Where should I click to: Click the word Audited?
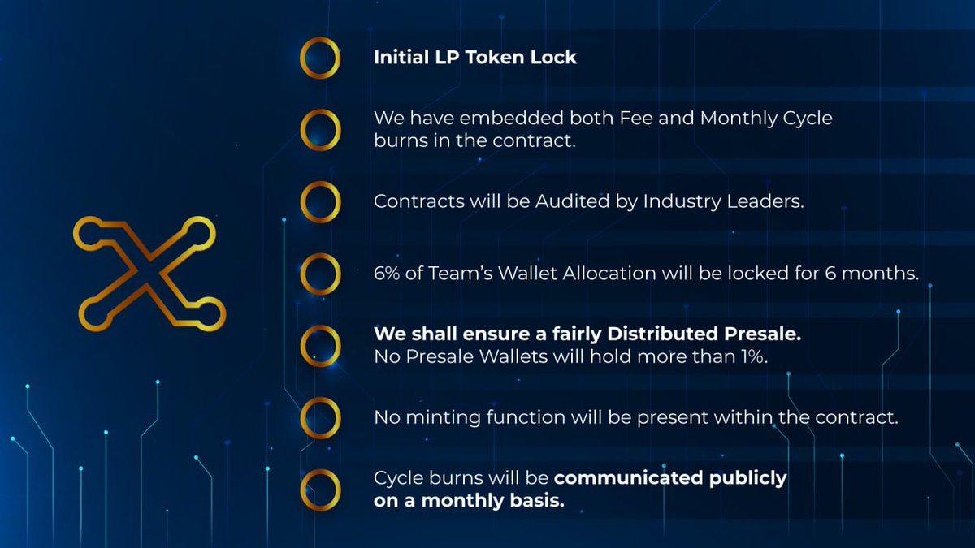coord(571,201)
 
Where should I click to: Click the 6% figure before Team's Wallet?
coord(387,274)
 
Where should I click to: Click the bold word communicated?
coord(629,478)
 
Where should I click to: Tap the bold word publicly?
coord(747,479)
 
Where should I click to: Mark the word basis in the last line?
coord(537,501)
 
